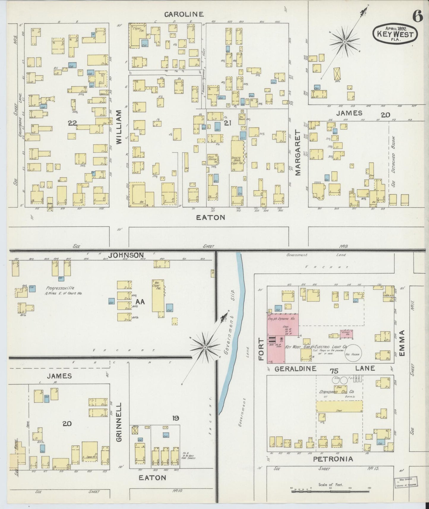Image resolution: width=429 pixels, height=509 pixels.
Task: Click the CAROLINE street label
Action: pos(184,14)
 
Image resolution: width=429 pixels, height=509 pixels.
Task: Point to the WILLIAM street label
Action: pos(119,127)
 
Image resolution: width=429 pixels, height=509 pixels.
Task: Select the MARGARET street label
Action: pos(298,154)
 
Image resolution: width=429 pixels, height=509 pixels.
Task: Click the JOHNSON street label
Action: pos(126,255)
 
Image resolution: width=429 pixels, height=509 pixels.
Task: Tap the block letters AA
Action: pos(140,302)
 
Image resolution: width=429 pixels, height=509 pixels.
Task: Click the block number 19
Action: pos(175,418)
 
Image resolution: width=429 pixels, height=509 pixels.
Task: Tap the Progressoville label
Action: pos(60,288)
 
